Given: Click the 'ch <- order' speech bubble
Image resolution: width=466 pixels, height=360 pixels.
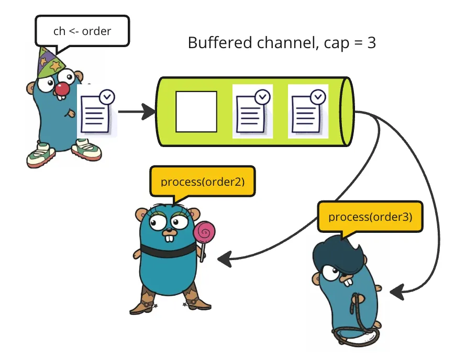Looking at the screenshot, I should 82,31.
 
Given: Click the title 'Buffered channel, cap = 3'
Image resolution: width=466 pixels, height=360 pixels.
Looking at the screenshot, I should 282,43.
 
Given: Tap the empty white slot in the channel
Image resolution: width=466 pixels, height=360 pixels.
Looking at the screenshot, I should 196,111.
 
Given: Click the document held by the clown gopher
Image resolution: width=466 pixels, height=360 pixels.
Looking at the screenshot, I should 97,113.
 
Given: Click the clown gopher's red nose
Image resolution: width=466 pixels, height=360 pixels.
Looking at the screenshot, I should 62,89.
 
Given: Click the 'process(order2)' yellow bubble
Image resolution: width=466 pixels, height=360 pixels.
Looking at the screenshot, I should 202,182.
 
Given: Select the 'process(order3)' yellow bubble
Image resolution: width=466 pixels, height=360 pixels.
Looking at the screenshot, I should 370,216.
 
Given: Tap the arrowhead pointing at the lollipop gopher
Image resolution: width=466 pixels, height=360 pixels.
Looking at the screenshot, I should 224,257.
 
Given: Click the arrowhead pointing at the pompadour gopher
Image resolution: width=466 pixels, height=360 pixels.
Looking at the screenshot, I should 398,292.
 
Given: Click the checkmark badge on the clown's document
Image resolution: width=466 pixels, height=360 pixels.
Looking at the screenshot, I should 107,97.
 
